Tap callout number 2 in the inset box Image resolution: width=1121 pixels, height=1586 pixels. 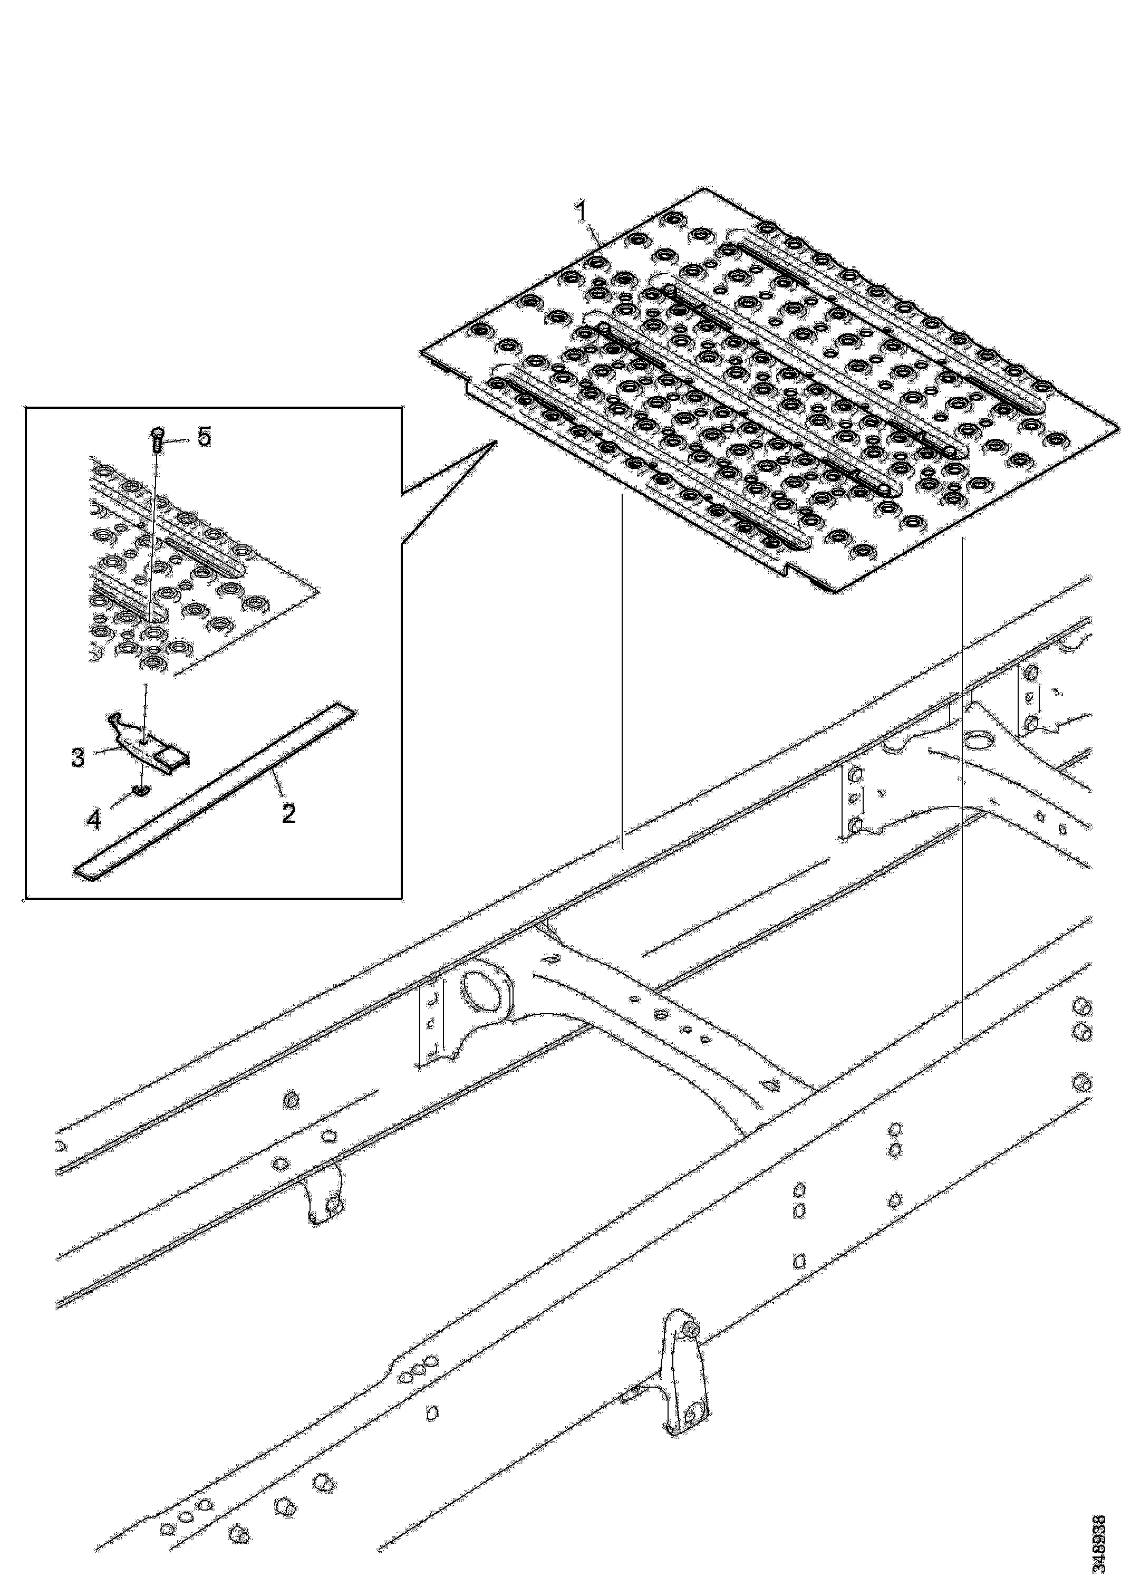289,812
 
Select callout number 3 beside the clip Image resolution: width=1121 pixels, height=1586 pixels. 78,757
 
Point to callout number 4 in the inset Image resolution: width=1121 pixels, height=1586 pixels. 93,819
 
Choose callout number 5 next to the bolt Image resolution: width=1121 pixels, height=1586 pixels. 205,437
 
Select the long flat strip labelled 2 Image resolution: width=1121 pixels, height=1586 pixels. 215,791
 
